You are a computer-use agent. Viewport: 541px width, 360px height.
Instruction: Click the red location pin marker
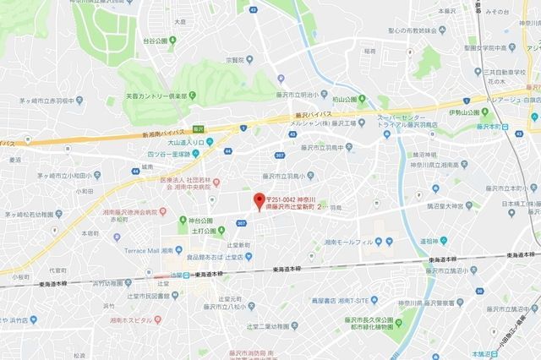(x=259, y=201)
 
